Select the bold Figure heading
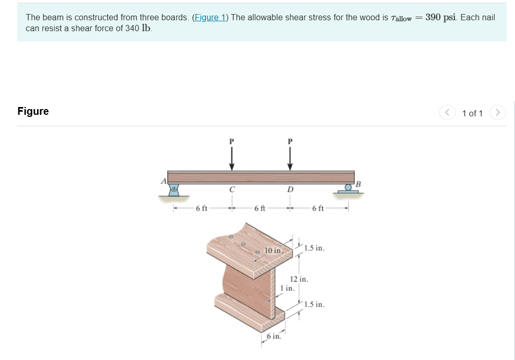tap(33, 111)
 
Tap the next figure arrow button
tap(498, 113)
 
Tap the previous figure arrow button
tap(447, 113)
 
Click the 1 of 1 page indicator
tap(472, 113)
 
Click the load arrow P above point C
tap(232, 156)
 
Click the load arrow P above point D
tap(290, 156)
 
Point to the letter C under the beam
tap(232, 190)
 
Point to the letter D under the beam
tap(290, 190)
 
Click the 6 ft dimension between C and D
tap(260, 209)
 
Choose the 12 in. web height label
tap(299, 279)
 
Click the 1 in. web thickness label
tap(286, 288)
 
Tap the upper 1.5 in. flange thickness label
tap(314, 248)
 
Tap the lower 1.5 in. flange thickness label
tap(314, 304)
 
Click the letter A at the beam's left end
tap(163, 181)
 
